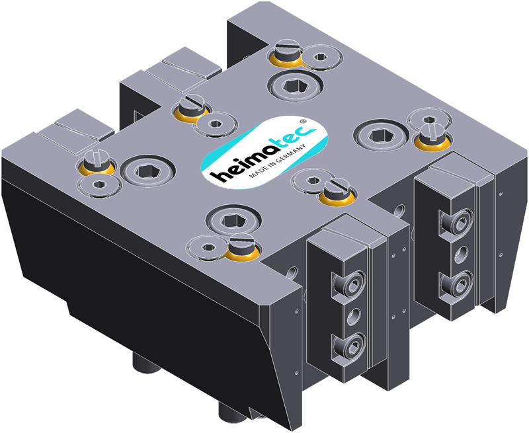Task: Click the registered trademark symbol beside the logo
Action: [x=303, y=121]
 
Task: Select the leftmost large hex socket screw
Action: [x=147, y=171]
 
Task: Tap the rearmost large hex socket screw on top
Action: [x=295, y=87]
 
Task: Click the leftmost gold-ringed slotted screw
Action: [x=97, y=163]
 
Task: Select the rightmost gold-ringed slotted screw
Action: [x=432, y=137]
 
